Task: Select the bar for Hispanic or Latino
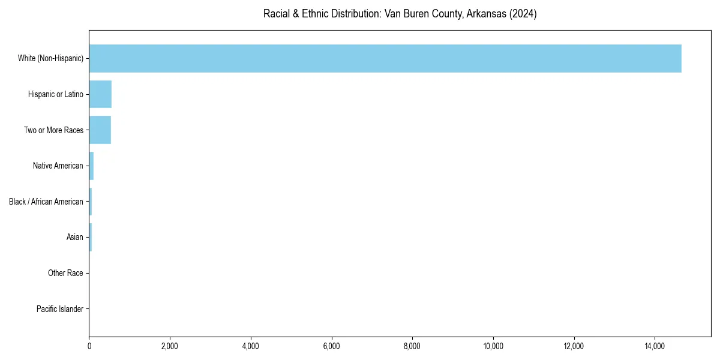point(100,94)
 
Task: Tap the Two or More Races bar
point(100,130)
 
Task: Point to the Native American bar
point(91,166)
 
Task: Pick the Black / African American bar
point(91,202)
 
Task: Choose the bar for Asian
point(91,237)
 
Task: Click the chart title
point(400,14)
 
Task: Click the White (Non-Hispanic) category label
point(50,58)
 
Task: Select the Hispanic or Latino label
point(55,94)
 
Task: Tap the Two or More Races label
point(53,130)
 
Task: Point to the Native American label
point(58,166)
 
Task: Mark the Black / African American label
point(46,202)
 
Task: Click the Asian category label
point(74,237)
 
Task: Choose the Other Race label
point(65,273)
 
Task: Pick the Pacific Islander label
point(60,309)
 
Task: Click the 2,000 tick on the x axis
point(170,346)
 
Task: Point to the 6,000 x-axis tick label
point(331,346)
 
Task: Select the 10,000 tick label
point(493,346)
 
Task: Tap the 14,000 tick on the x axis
point(655,346)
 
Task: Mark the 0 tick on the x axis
point(89,346)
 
